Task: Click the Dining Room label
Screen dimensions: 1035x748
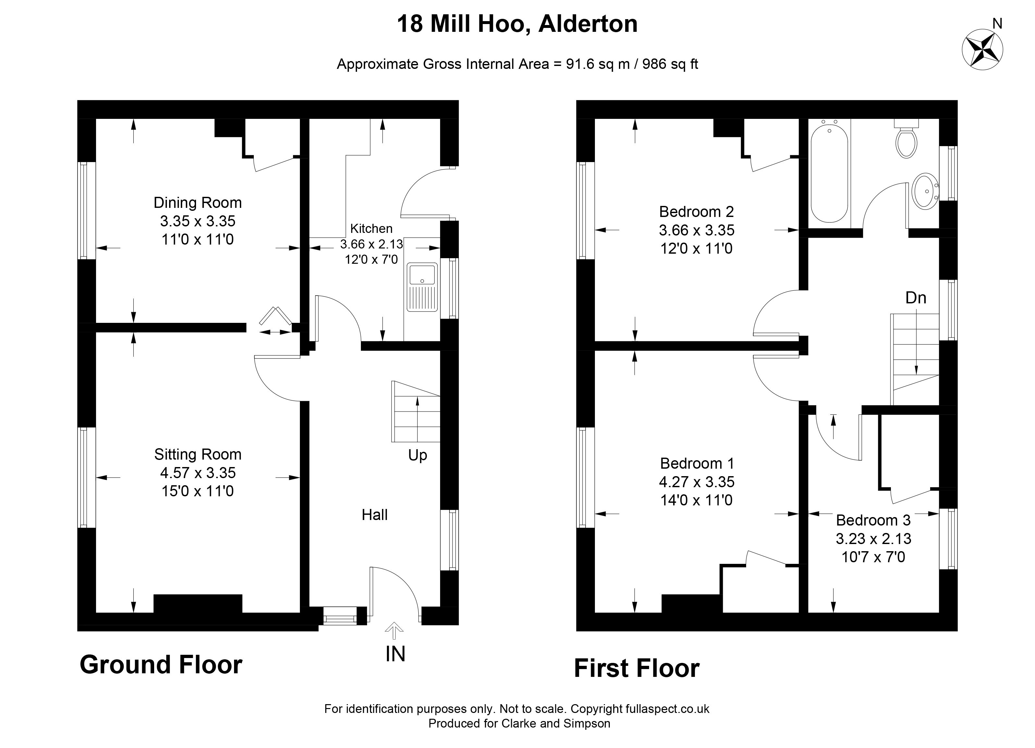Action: point(198,203)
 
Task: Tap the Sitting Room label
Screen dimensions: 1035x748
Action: point(198,454)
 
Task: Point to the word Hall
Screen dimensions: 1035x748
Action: point(375,515)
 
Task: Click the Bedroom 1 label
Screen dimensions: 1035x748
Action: point(697,463)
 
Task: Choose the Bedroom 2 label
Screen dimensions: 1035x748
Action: point(696,212)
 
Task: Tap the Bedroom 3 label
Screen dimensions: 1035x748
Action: point(873,520)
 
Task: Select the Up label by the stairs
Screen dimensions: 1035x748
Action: point(418,455)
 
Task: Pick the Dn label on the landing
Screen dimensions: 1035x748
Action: point(916,298)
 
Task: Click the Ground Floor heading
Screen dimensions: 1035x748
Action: point(161,665)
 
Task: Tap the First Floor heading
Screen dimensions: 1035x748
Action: point(636,668)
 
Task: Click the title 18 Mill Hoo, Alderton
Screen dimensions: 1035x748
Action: point(517,24)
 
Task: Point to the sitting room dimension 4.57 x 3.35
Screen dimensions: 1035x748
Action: point(198,473)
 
